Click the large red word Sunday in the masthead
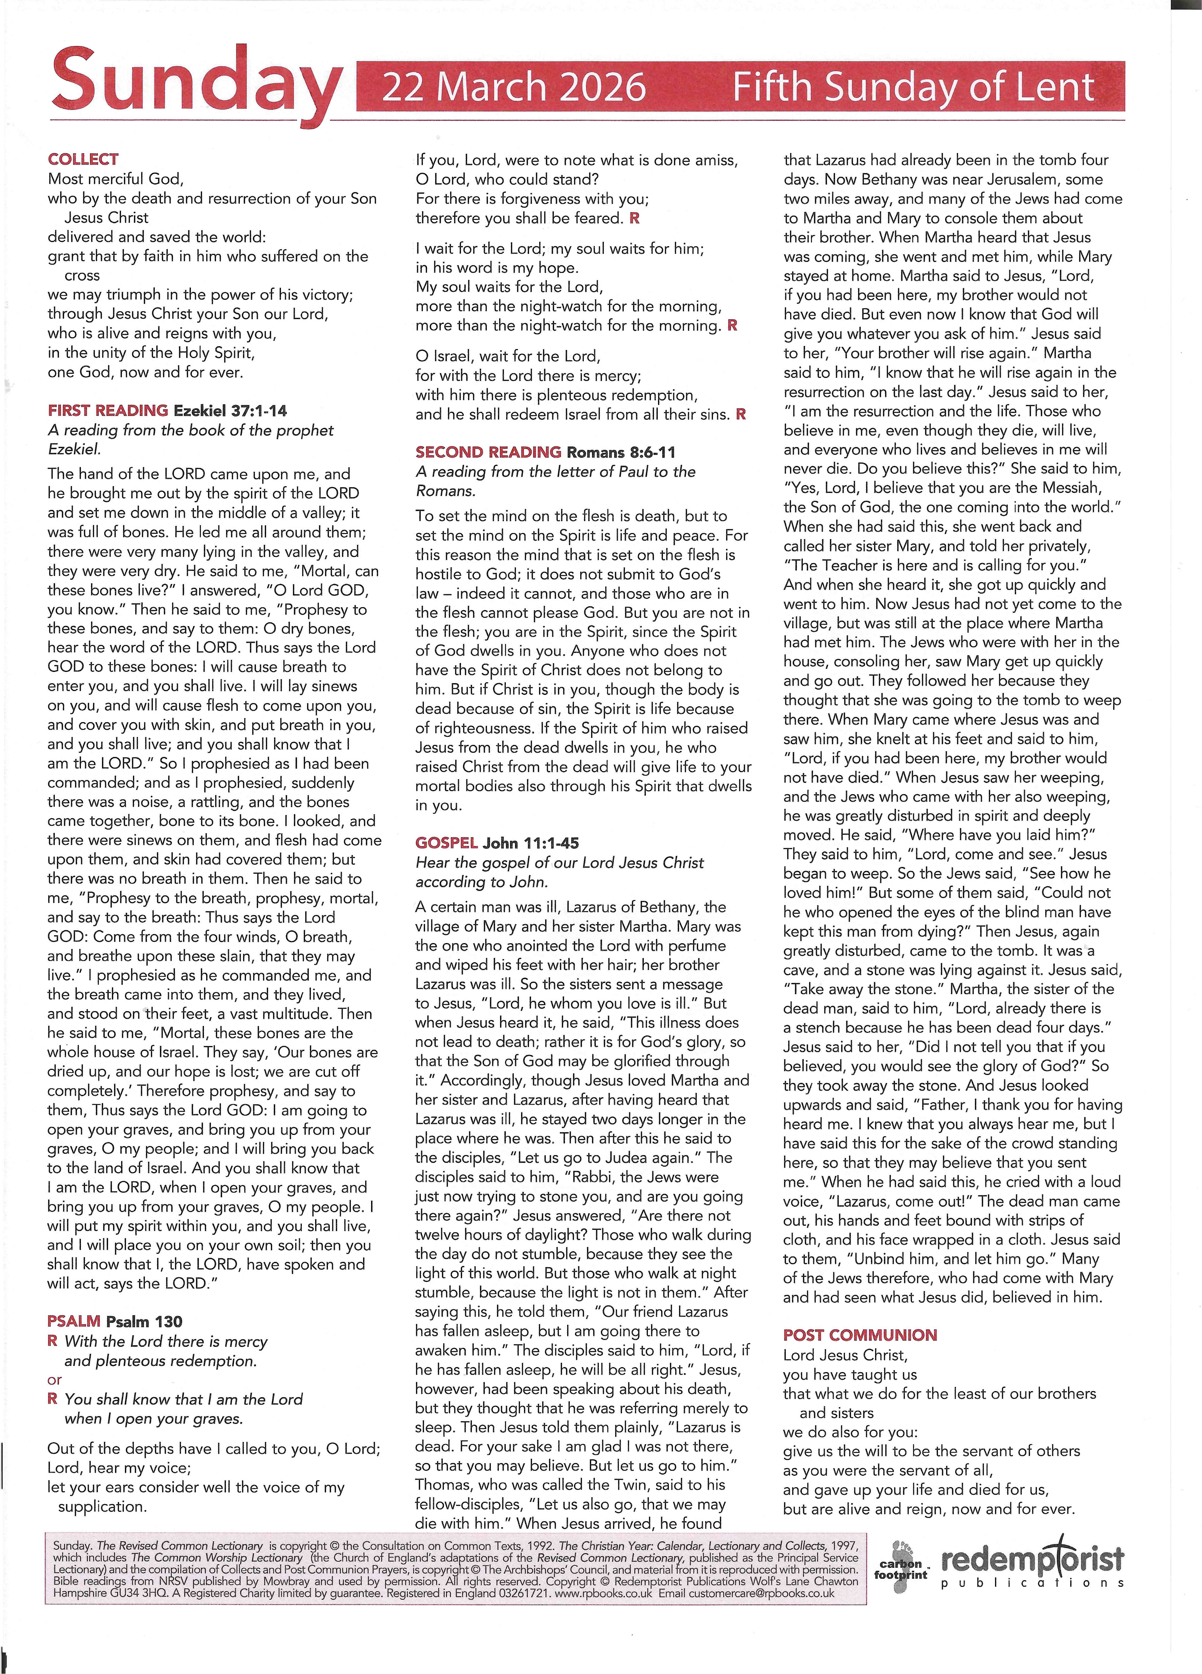point(196,87)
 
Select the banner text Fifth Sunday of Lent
point(913,87)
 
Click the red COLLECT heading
point(83,159)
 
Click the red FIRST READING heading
point(108,410)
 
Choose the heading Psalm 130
point(144,1321)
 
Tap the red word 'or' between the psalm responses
point(55,1379)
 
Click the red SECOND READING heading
point(488,452)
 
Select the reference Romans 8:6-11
point(621,452)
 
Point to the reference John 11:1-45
point(531,843)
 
